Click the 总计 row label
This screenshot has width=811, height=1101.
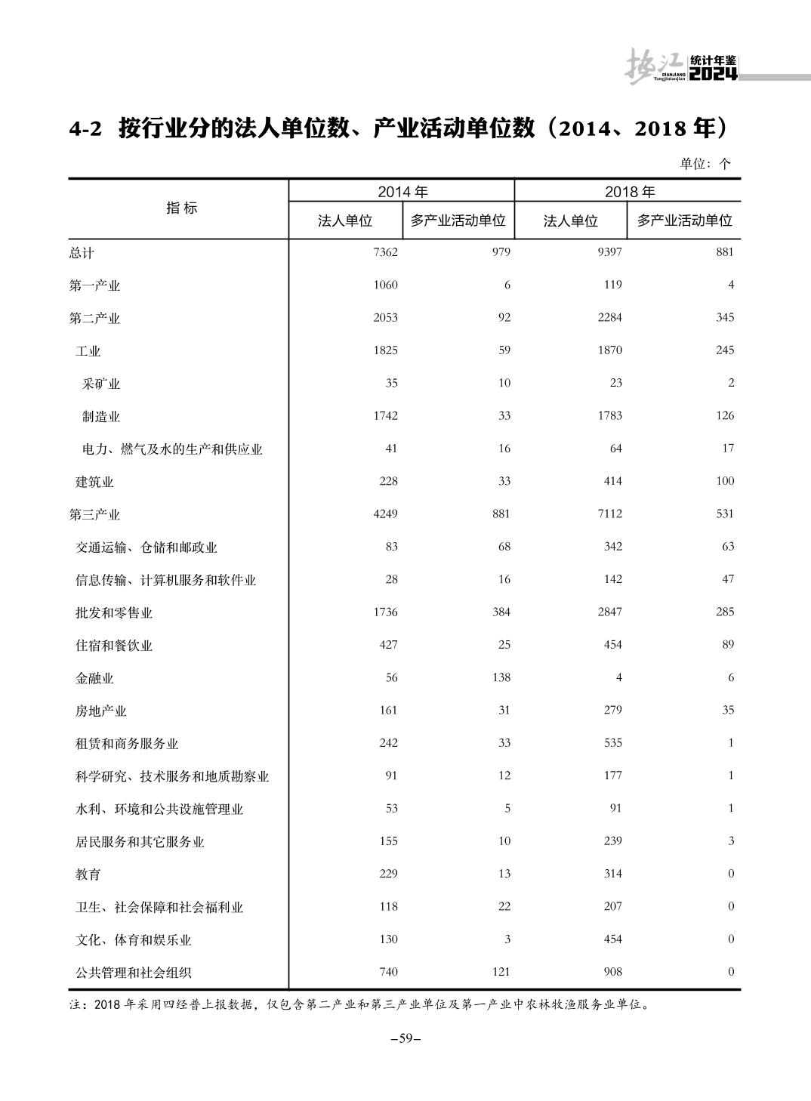click(82, 253)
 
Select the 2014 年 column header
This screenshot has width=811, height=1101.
click(402, 192)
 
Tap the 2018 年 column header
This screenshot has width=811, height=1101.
click(629, 192)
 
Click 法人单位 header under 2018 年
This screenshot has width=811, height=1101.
click(571, 221)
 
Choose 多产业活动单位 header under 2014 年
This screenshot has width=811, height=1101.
click(458, 221)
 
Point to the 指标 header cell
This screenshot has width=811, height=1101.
click(181, 208)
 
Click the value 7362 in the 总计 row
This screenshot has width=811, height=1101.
click(385, 252)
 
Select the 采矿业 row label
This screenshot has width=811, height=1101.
click(101, 384)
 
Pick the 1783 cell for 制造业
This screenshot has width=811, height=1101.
click(609, 415)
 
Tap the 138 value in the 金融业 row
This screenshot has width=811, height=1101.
click(501, 677)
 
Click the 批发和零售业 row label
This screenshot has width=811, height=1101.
click(114, 613)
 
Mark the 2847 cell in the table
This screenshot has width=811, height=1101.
click(609, 612)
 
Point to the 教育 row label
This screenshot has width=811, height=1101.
click(88, 874)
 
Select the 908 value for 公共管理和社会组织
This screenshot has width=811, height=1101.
click(612, 972)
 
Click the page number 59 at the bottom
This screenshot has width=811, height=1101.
click(405, 1038)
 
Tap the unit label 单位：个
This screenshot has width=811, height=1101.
click(705, 163)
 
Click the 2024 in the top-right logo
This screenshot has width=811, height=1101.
click(713, 74)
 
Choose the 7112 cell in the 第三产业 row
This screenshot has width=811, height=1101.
click(609, 513)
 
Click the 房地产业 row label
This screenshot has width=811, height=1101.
click(101, 711)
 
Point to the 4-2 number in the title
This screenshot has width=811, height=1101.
click(85, 129)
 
